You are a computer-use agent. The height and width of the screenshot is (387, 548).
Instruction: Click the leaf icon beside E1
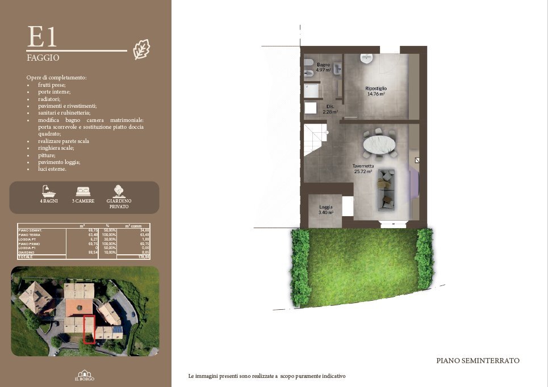tap(141, 49)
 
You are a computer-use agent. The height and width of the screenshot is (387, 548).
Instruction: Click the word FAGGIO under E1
tap(43, 58)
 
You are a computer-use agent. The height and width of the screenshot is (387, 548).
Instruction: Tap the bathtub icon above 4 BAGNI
tap(48, 191)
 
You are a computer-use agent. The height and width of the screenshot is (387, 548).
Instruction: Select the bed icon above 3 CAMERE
tap(83, 191)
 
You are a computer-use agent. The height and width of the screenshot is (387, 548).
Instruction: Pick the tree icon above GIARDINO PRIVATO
tap(119, 191)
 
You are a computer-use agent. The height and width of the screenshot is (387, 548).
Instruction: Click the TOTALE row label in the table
tap(26, 257)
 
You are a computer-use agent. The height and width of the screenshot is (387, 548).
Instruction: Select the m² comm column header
tap(133, 226)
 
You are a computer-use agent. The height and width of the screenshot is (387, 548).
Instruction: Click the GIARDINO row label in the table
tap(27, 253)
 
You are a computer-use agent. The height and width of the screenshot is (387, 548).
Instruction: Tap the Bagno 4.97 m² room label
tap(324, 68)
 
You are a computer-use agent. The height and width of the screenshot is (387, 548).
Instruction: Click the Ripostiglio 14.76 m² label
tap(376, 91)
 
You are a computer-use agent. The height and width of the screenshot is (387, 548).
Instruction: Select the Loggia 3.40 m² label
tap(326, 209)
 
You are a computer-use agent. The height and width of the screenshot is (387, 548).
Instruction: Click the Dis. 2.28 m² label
tap(330, 109)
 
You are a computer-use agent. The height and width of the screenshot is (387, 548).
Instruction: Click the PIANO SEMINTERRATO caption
tap(478, 360)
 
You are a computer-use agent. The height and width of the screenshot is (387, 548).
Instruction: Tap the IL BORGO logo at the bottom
tap(86, 375)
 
